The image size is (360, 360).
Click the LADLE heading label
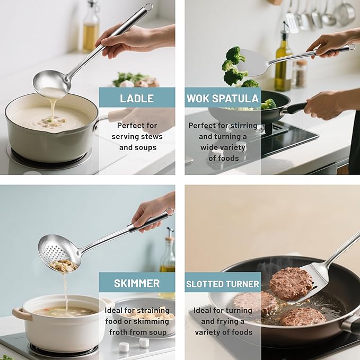(x=137, y=98)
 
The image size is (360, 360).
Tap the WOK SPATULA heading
(x=223, y=98)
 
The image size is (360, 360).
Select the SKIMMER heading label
(x=136, y=283)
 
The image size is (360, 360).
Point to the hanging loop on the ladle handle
(x=148, y=7)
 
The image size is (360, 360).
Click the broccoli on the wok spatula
(x=234, y=66)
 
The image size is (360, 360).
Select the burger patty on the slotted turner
(x=291, y=283)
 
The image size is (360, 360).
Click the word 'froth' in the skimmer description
(x=119, y=332)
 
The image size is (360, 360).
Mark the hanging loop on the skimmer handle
(x=170, y=212)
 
